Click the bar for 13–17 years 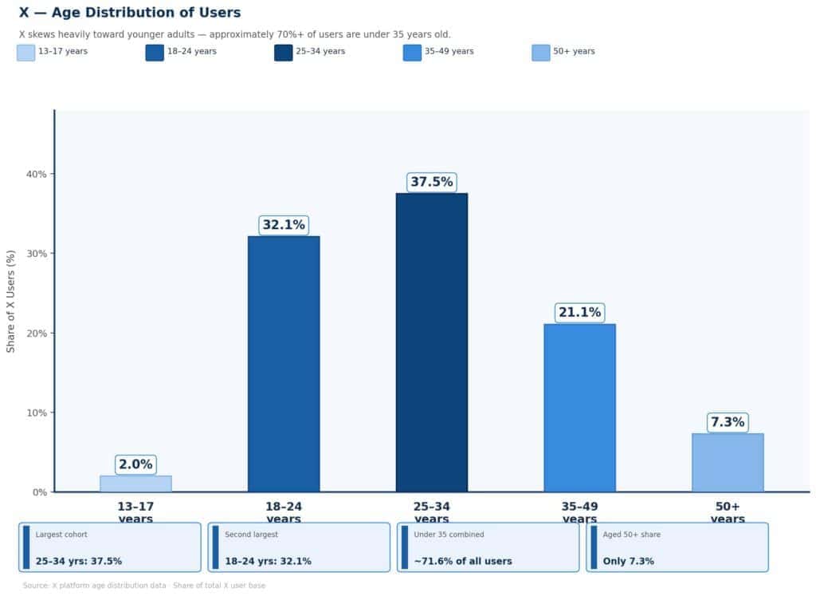(x=135, y=484)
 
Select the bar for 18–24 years (x=284, y=364)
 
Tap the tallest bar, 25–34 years (x=431, y=342)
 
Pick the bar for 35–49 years (x=579, y=408)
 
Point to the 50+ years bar (x=728, y=463)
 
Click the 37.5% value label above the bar (x=431, y=182)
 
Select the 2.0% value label (x=135, y=464)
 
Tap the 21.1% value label (x=579, y=313)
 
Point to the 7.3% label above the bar (x=728, y=422)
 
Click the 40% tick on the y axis (x=37, y=174)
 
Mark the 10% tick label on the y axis (x=37, y=412)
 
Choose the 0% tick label (x=39, y=492)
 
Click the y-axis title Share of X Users (x=11, y=302)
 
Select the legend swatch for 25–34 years (x=283, y=53)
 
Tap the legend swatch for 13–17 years (x=25, y=53)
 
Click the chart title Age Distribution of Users (x=130, y=13)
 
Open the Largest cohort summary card (x=110, y=547)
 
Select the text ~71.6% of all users (x=462, y=561)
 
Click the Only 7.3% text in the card (x=629, y=561)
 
